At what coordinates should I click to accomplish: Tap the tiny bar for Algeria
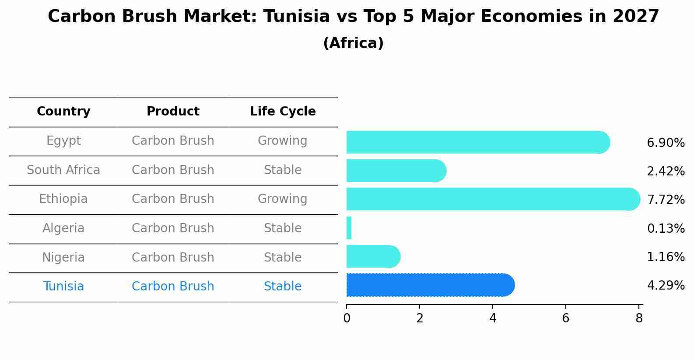[349, 228]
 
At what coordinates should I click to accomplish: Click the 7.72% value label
[666, 200]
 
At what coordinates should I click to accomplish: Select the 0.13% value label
[666, 228]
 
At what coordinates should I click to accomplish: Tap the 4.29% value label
[666, 286]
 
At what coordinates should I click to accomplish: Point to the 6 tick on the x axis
[565, 318]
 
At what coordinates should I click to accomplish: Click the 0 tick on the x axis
[347, 318]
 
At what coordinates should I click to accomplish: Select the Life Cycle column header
[283, 112]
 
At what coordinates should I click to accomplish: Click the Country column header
[63, 112]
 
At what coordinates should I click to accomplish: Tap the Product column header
[173, 112]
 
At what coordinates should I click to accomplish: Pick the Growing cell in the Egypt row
[282, 141]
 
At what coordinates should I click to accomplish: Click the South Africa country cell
[63, 170]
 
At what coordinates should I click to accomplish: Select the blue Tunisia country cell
[63, 287]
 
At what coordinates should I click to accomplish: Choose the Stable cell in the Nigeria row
[282, 257]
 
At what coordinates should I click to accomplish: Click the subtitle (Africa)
[353, 43]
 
